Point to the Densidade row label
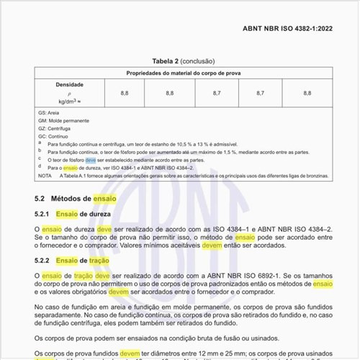point(71,84)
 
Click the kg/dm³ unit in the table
point(69,102)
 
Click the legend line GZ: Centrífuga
point(55,128)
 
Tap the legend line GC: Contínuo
point(53,136)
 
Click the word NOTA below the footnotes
point(45,175)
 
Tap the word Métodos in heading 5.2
point(74,197)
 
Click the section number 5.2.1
point(42,214)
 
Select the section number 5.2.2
point(42,260)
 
